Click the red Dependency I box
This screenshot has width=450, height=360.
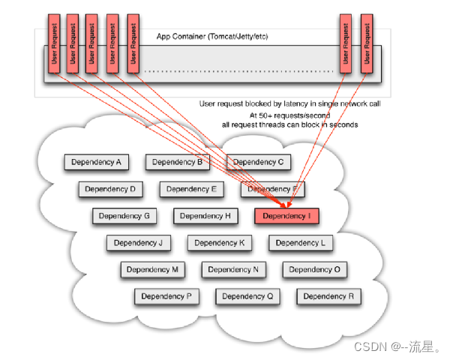[x=287, y=216]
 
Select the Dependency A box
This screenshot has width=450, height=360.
[x=97, y=162]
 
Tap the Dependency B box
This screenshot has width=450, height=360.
[x=178, y=162]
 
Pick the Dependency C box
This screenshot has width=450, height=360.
[x=259, y=162]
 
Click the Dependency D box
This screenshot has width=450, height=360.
[x=110, y=189]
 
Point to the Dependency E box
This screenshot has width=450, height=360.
[x=191, y=189]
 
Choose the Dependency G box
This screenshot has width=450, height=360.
[x=124, y=216]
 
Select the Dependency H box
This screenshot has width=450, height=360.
[x=205, y=216]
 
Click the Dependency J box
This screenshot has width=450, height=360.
[x=139, y=243]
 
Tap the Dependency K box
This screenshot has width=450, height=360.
[x=220, y=243]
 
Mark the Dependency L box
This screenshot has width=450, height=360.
[x=301, y=243]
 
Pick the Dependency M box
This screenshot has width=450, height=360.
[x=153, y=270]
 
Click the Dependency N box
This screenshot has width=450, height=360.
[x=233, y=270]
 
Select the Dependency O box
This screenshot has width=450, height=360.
[x=314, y=270]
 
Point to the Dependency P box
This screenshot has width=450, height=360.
[x=167, y=297]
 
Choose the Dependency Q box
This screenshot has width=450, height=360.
[x=247, y=297]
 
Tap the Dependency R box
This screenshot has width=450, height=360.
[x=328, y=297]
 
